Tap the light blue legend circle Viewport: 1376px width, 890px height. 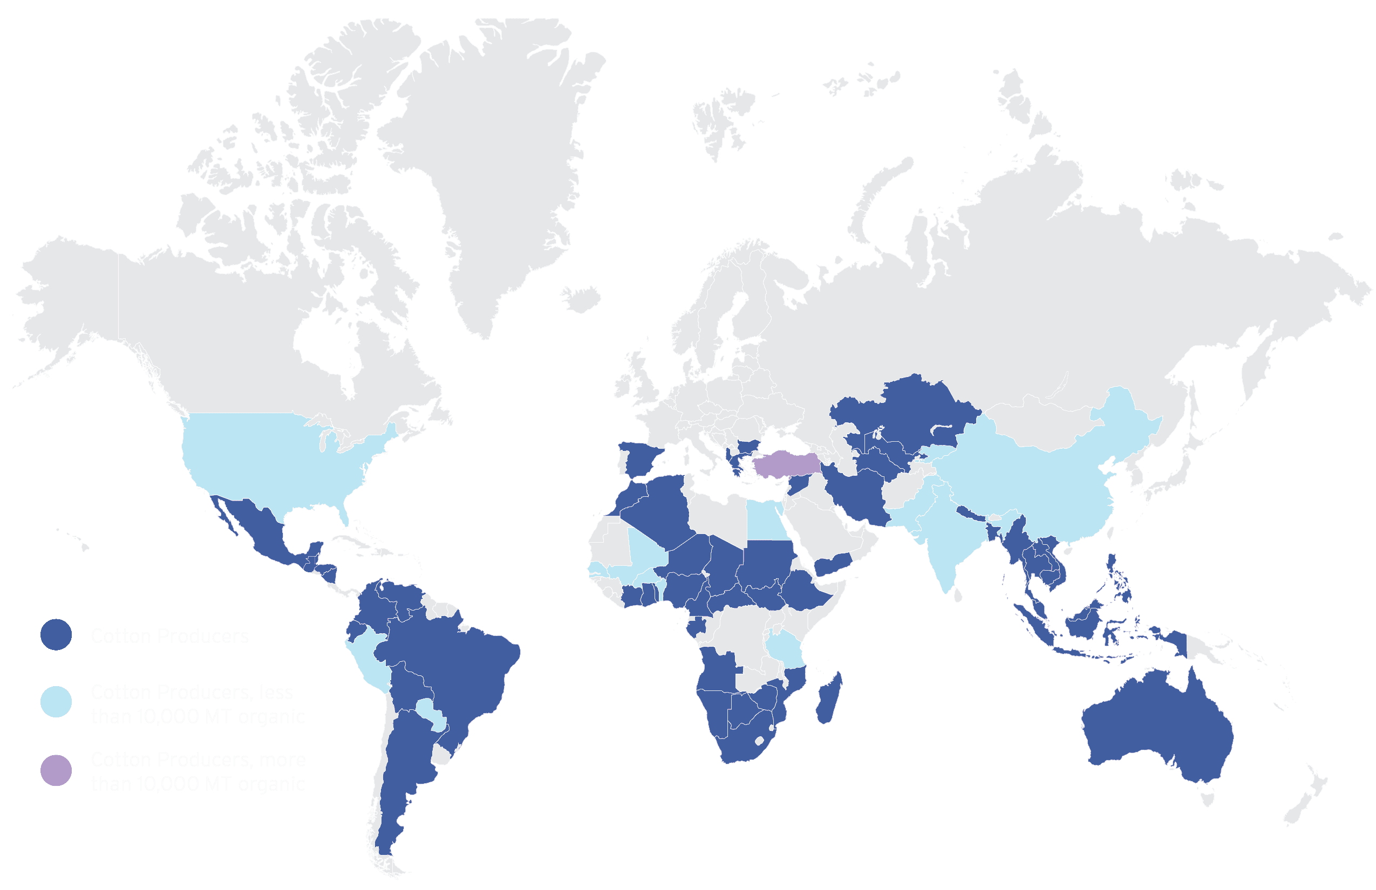tap(56, 702)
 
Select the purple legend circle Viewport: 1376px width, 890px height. tap(56, 770)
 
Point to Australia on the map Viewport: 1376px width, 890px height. tap(1156, 728)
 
